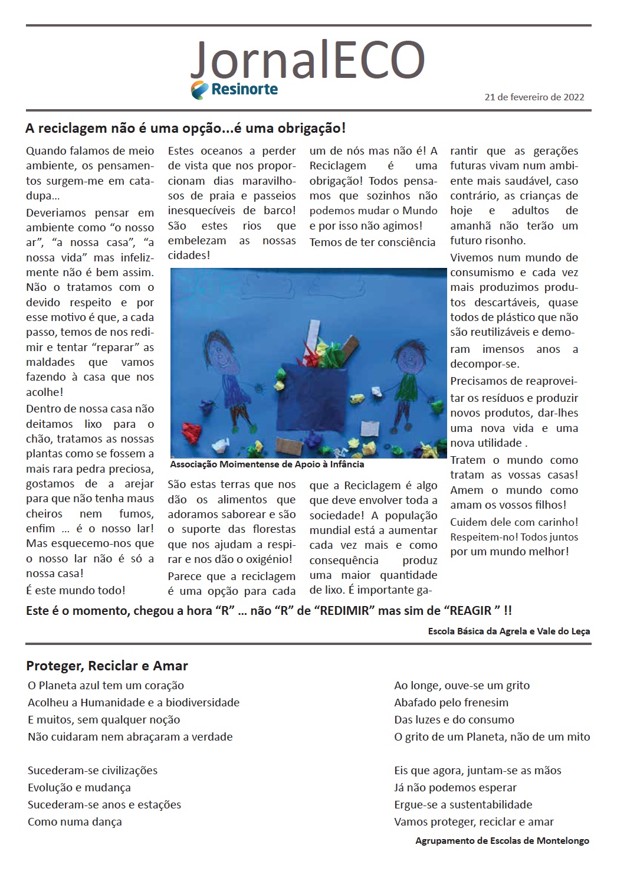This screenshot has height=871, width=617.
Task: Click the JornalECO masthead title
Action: tap(307, 59)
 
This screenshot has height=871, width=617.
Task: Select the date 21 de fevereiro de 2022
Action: tap(534, 97)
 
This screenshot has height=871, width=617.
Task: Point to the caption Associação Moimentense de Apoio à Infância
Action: tap(267, 464)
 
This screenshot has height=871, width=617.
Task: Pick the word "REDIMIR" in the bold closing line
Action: tap(346, 610)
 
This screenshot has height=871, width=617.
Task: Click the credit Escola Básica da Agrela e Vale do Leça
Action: tap(508, 631)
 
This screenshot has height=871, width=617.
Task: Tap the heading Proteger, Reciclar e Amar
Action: tap(107, 666)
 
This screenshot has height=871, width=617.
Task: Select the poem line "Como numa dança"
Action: tap(75, 821)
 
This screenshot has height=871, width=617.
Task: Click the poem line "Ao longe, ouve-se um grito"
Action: tap(462, 685)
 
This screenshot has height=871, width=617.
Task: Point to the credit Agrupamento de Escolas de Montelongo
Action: tap(502, 840)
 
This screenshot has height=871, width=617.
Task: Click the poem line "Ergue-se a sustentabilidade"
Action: tap(463, 804)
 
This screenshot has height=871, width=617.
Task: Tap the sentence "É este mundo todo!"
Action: tap(76, 590)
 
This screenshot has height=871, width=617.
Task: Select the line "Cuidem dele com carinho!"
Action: tap(514, 522)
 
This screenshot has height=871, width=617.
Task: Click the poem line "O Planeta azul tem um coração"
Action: tap(106, 685)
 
